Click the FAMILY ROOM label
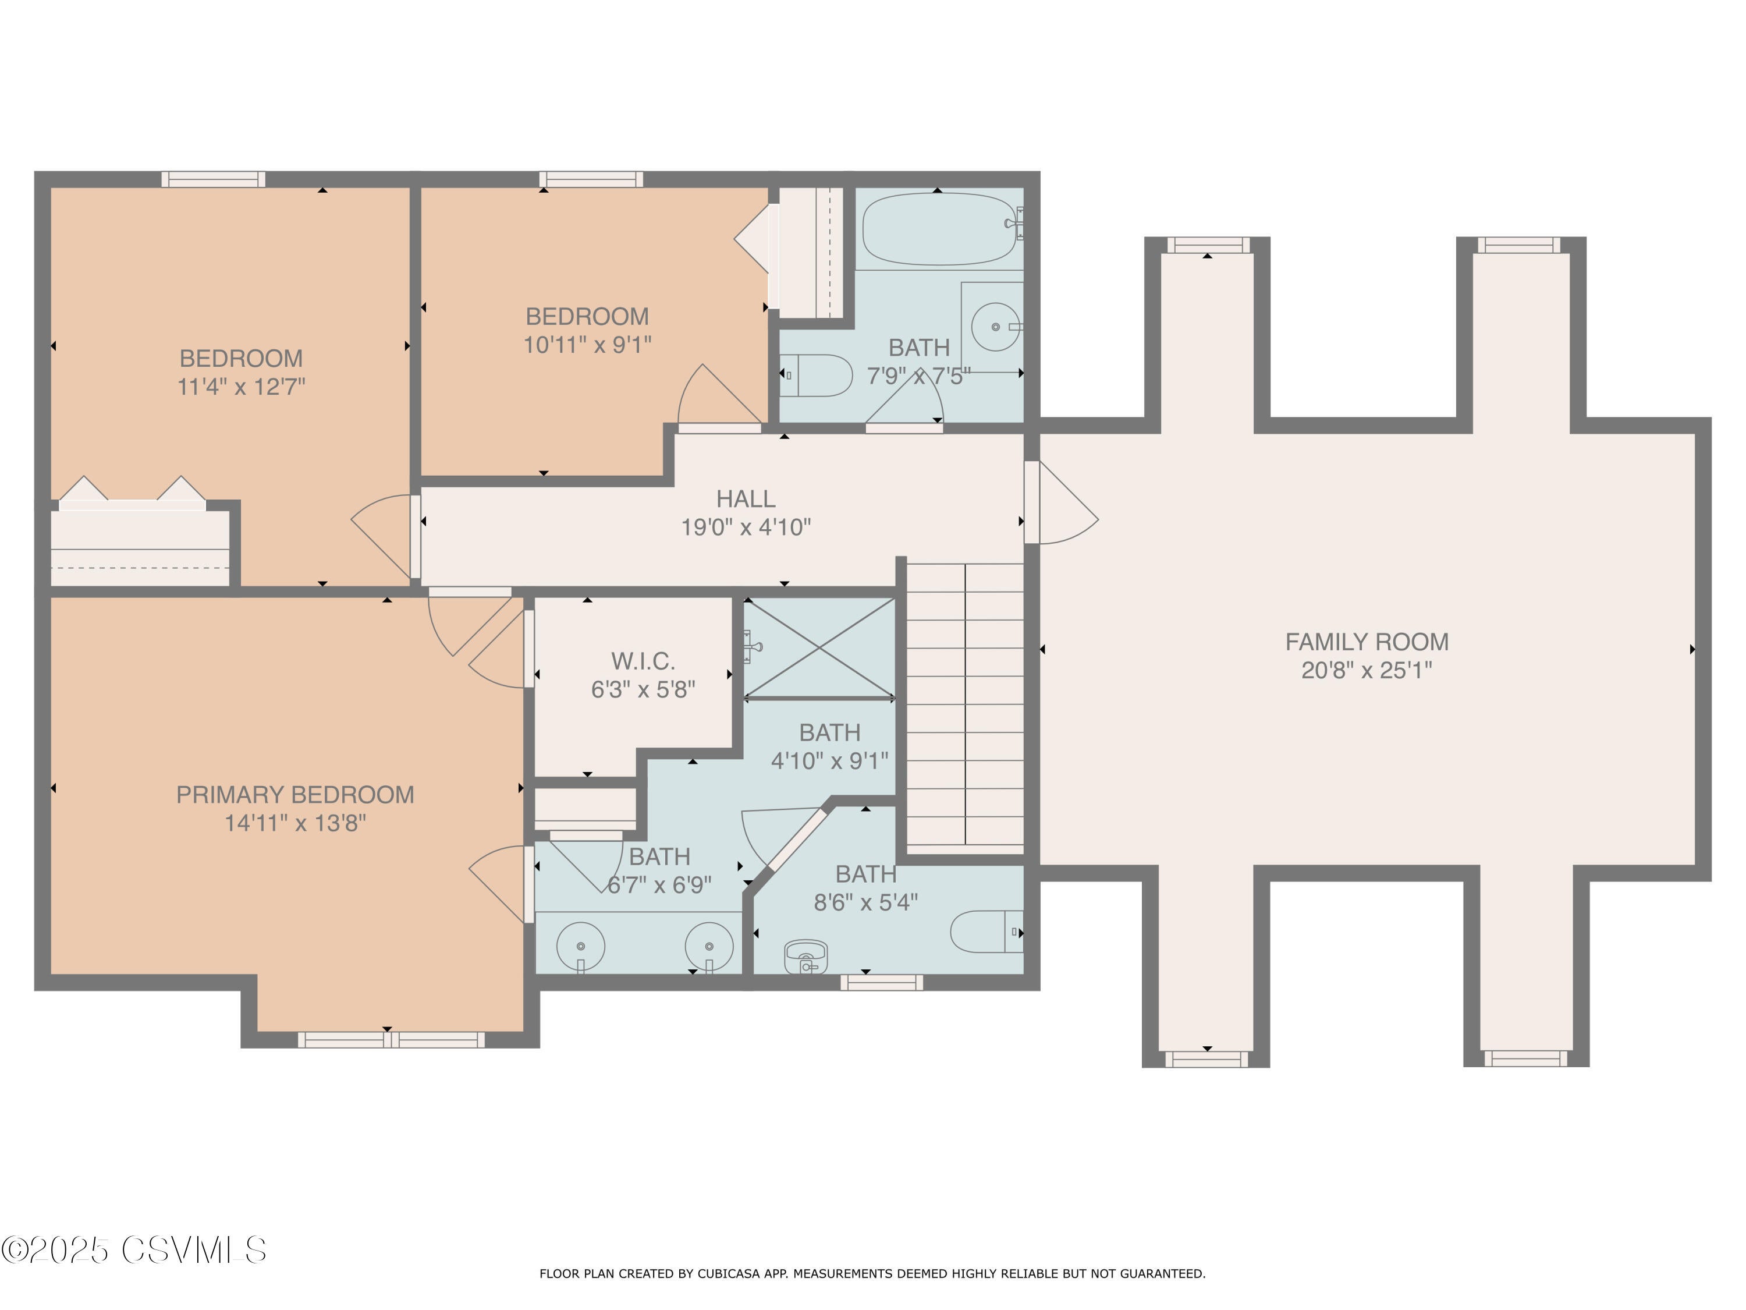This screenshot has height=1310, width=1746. pos(1367,642)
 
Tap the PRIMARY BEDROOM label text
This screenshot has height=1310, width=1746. pos(294,794)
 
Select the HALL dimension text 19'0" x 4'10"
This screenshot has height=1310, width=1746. pos(746,527)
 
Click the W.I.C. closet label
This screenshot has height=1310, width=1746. pos(643,661)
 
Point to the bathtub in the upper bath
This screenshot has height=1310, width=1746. pos(938,229)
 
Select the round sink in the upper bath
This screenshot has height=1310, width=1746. pos(995,326)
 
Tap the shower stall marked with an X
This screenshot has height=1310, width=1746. pos(820,648)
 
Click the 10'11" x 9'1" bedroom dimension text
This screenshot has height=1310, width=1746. pos(587,345)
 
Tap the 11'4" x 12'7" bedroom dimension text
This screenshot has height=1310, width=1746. pos(241,387)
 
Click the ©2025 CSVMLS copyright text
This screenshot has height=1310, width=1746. pos(134,1250)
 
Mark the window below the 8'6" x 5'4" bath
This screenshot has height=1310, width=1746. pos(881,982)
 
